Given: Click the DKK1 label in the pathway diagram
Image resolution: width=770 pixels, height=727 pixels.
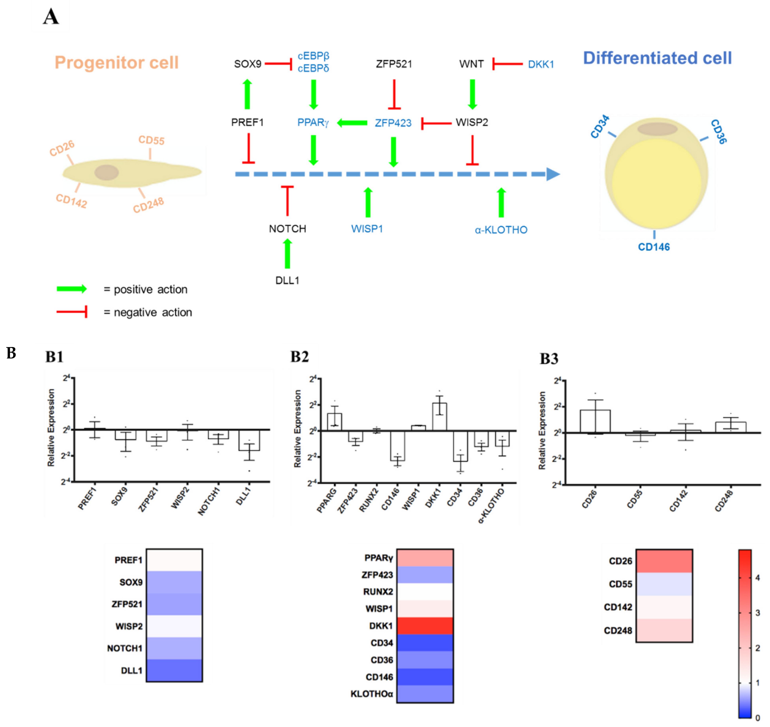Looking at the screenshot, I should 541,64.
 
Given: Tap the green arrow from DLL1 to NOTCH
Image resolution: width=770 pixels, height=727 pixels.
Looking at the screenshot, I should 287,254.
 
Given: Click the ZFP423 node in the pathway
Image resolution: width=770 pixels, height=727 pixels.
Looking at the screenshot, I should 393,123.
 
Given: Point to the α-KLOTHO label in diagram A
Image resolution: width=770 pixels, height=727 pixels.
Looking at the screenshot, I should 501,230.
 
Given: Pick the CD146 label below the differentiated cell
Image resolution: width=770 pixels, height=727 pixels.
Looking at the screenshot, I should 654,247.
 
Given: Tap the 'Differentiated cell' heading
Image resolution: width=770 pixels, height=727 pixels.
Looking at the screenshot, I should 657,58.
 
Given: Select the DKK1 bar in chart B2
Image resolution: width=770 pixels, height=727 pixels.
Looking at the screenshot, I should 440,417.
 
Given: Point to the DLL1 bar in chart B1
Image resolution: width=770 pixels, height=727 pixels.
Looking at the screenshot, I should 249,440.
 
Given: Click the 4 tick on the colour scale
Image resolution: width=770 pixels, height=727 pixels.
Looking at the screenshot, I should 758,578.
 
